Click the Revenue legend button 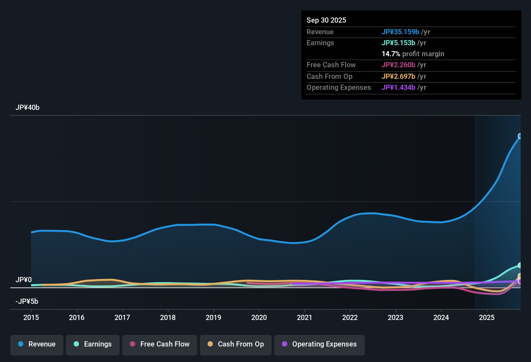[37, 344]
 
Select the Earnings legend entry [93, 344]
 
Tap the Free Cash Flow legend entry [160, 344]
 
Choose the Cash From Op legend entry [236, 344]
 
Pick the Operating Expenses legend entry [320, 344]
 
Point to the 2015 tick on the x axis [31, 317]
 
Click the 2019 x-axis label [213, 317]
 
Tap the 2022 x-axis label [350, 317]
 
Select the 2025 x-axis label [487, 317]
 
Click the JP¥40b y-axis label [27, 108]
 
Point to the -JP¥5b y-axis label [27, 302]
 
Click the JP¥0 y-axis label [24, 280]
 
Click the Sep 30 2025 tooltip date [326, 20]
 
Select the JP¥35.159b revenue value [400, 32]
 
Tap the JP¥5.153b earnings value [398, 43]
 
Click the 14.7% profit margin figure [391, 54]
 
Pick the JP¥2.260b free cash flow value [398, 65]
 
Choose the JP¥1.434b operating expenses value [398, 87]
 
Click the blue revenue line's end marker [520, 136]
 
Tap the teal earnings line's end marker [520, 265]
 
